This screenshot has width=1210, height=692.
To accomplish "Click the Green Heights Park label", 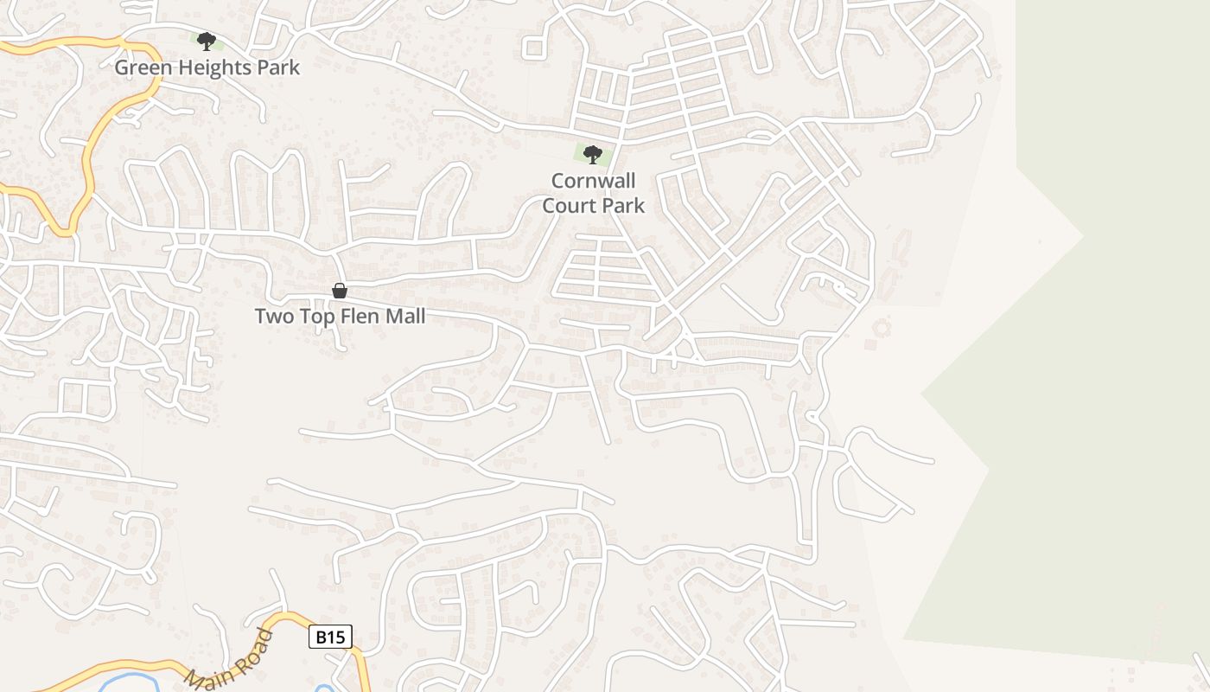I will pos(207,67).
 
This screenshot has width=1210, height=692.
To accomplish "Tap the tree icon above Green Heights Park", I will pos(206,41).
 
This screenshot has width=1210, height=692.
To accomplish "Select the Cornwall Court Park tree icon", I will pos(593,155).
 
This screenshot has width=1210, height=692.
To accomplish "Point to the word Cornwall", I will pos(593,181).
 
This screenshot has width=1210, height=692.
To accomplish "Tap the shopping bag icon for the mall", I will pos(340,291).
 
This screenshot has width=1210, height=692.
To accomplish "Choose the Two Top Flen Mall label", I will pos(340,317).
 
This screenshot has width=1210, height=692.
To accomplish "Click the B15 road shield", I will pos(330,638).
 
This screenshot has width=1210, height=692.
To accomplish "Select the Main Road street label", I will pos(230,660).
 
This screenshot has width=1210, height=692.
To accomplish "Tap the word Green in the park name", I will pos(140,67).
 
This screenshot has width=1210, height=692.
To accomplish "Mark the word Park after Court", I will pos(624,205).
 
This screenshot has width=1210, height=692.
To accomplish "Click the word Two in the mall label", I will pos(274,317).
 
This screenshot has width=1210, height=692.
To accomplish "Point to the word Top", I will pos(314,317).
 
